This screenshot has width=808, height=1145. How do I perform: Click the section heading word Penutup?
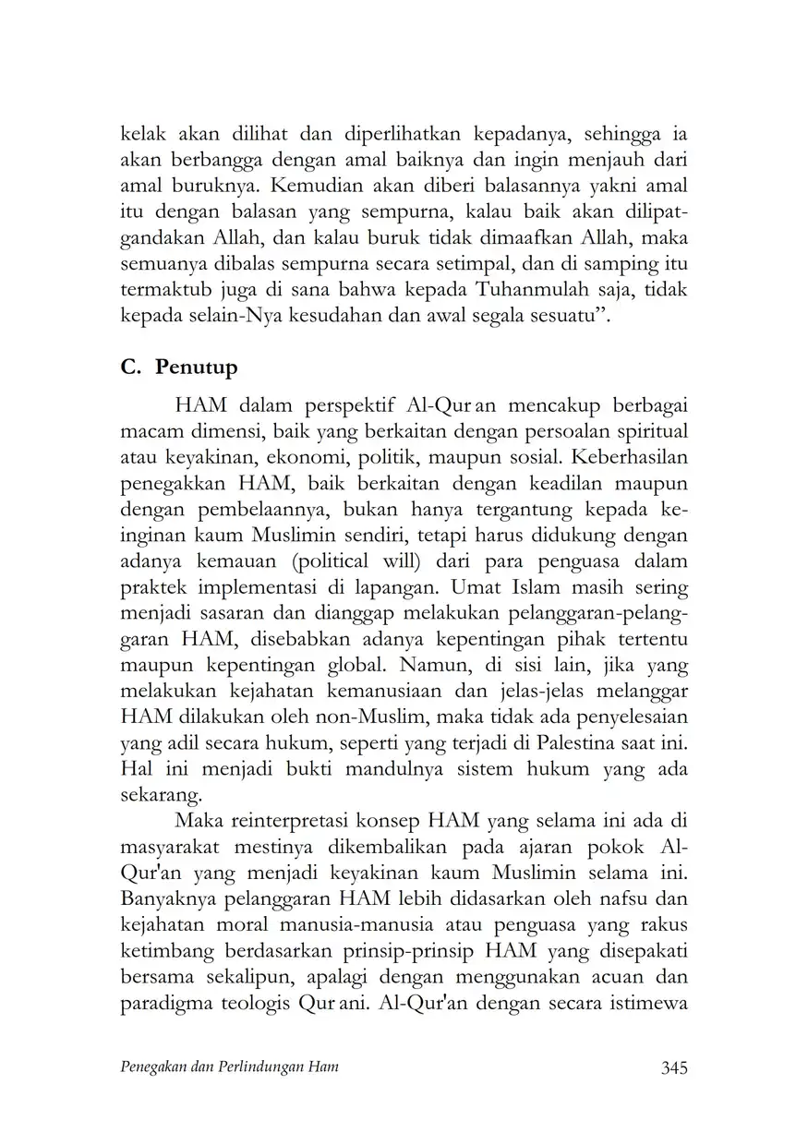(196, 367)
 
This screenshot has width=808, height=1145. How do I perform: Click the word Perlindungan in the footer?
(264, 1067)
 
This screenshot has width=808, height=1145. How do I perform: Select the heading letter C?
(129, 367)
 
